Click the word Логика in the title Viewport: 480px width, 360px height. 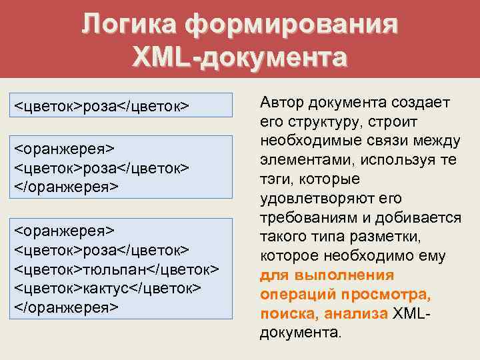click(129, 25)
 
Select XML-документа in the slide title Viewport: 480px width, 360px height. click(239, 57)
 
